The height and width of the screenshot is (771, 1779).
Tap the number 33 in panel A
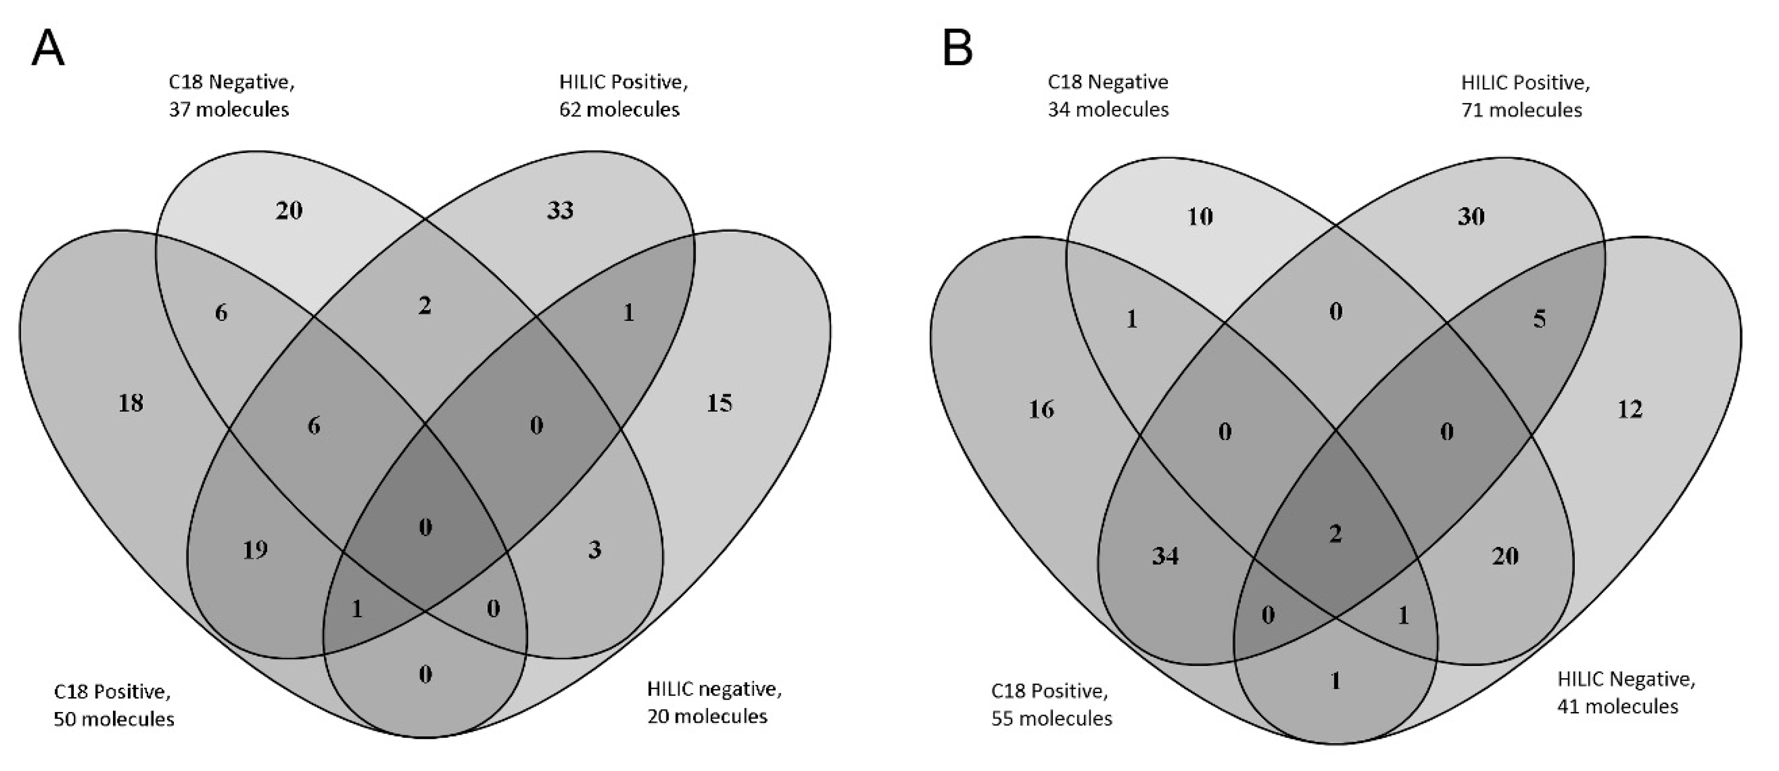tap(560, 210)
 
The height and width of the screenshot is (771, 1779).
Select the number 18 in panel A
tap(130, 403)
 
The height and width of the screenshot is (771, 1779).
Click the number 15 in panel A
tap(719, 403)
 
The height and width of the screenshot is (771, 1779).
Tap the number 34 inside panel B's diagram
tap(1165, 556)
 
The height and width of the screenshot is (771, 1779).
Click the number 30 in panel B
tap(1471, 217)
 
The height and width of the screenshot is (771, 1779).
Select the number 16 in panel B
tap(1042, 410)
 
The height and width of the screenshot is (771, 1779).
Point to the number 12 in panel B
tap(1630, 410)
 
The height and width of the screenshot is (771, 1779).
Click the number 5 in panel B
tap(1539, 319)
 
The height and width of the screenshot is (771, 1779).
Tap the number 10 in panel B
tap(1200, 217)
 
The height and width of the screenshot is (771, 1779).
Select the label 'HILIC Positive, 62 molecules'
tap(623, 95)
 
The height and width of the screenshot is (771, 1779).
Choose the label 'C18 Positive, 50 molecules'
tap(114, 705)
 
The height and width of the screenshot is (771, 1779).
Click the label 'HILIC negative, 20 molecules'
tap(714, 702)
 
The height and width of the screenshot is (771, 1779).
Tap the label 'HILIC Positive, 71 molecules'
tap(1525, 96)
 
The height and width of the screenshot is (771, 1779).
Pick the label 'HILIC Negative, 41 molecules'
tap(1626, 692)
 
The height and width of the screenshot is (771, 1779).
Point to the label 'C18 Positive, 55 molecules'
tap(1051, 705)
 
